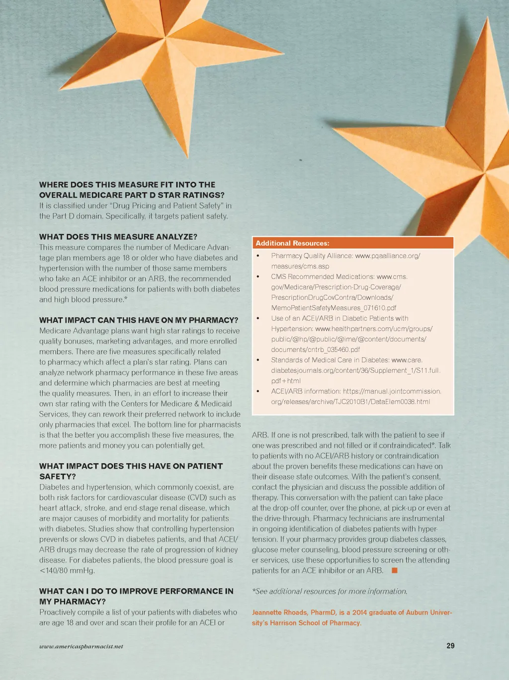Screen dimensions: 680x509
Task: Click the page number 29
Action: [x=450, y=646]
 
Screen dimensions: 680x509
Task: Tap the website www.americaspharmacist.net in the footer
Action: [x=81, y=646]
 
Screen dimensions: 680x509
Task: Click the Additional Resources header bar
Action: [x=353, y=243]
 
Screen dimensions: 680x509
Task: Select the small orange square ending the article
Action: [x=395, y=570]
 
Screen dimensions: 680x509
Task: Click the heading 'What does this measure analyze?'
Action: [x=118, y=237]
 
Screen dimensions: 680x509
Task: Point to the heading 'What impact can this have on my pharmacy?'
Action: [x=139, y=320]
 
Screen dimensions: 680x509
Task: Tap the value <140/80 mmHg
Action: [x=67, y=570]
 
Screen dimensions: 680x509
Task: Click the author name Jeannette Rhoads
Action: [x=279, y=612]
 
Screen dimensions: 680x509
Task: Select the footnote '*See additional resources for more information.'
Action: [x=330, y=591]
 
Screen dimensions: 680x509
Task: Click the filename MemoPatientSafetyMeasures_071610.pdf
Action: [x=334, y=308]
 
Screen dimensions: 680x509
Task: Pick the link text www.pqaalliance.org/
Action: [x=388, y=256]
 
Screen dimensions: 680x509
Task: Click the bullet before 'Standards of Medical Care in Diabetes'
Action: [x=258, y=360]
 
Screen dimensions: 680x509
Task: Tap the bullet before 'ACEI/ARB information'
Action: [x=258, y=391]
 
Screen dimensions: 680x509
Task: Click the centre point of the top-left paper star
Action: [x=165, y=37]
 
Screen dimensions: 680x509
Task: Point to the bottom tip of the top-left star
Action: [x=188, y=158]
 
